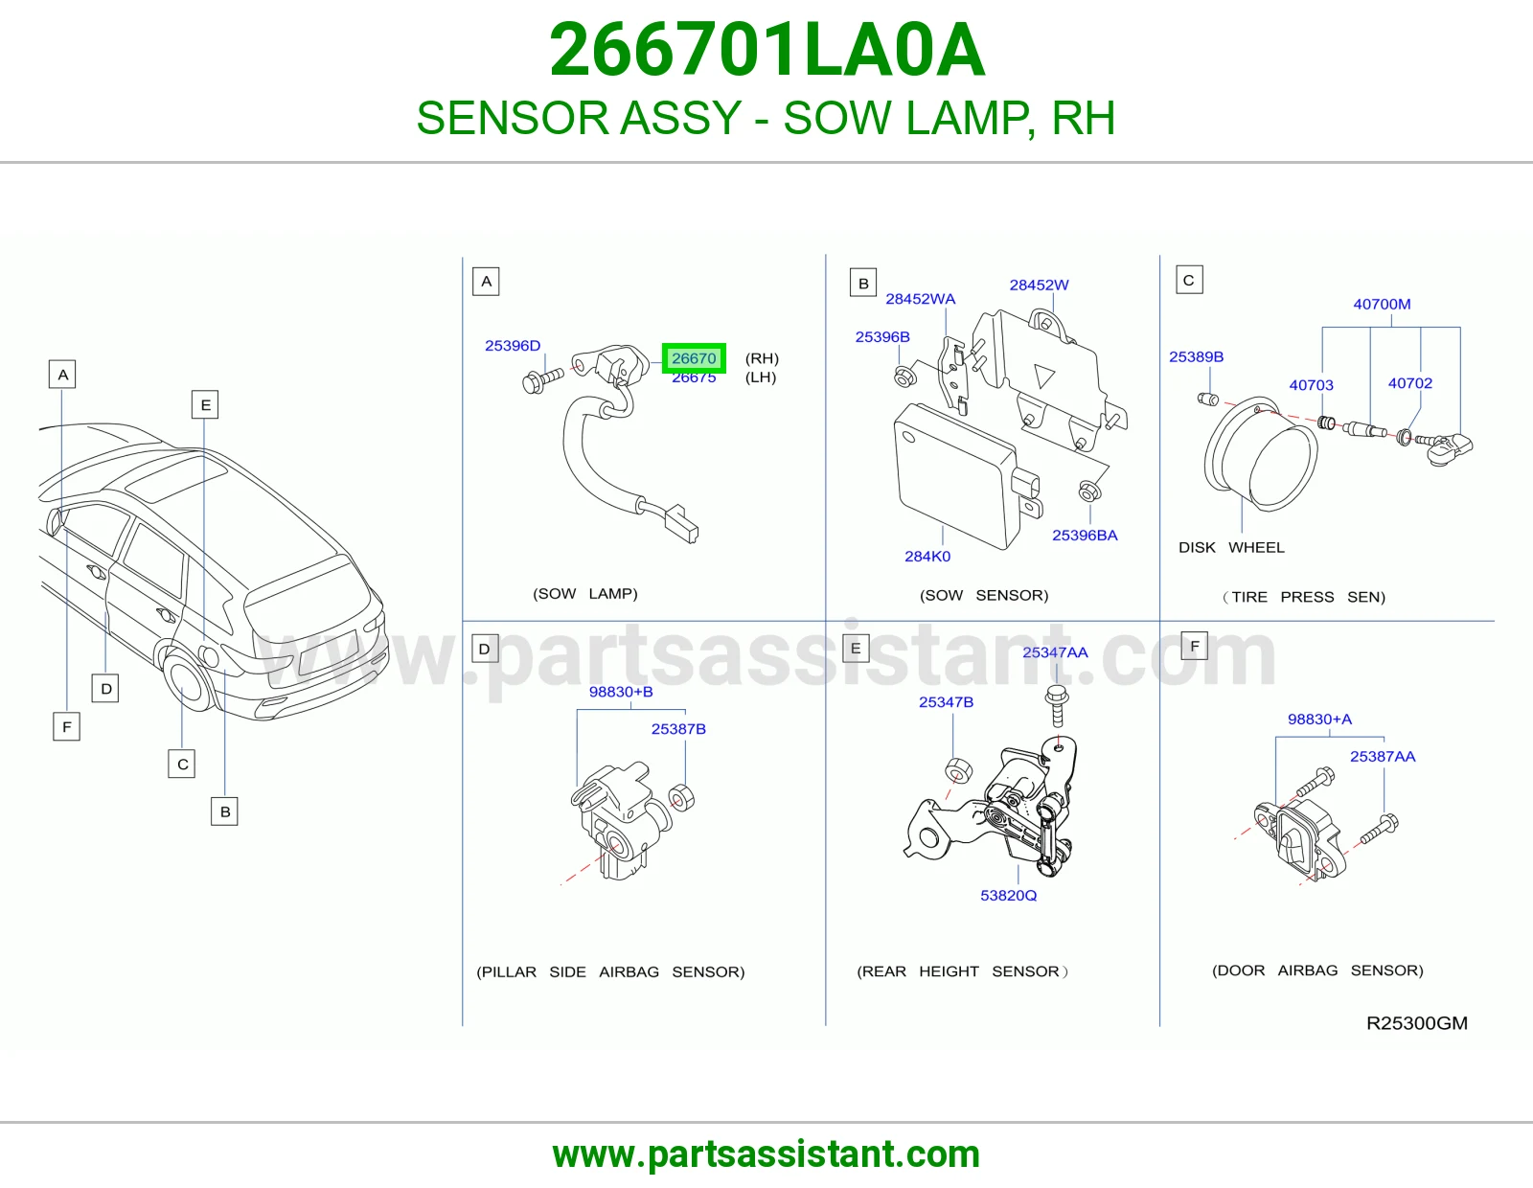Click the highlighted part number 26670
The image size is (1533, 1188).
(694, 358)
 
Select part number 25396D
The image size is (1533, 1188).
(513, 346)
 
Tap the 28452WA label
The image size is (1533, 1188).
(920, 299)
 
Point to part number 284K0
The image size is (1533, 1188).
(927, 557)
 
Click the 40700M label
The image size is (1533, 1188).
(1382, 304)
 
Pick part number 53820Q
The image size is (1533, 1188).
(1008, 895)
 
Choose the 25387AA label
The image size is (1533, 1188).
(1382, 756)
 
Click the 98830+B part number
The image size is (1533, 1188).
(621, 692)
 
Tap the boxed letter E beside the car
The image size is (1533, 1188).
(205, 405)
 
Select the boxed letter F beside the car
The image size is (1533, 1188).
(67, 726)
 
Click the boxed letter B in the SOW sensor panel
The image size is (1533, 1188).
(863, 283)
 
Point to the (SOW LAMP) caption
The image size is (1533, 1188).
(584, 594)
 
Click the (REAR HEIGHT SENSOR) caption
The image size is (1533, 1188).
(962, 971)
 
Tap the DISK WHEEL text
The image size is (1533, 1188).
(1231, 547)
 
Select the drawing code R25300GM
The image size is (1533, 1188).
(1417, 1023)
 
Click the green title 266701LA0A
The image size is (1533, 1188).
(766, 50)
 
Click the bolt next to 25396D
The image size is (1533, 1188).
(541, 379)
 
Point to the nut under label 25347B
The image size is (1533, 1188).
(957, 769)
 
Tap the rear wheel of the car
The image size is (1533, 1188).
(188, 680)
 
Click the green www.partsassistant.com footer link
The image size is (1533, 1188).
(766, 1154)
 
